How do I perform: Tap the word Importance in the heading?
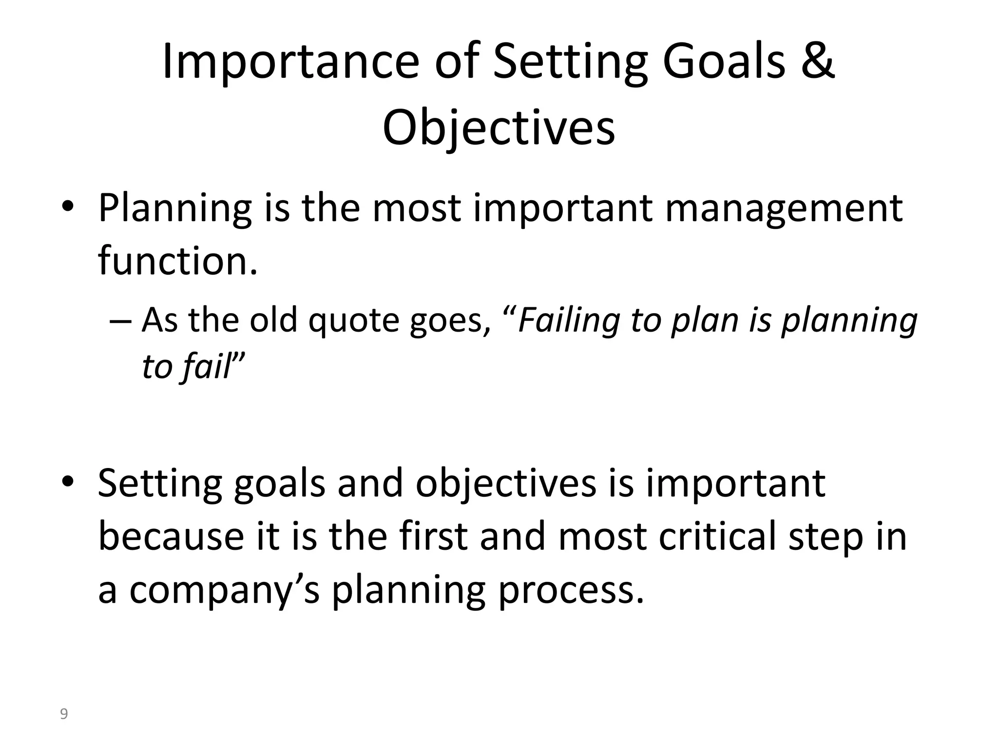(x=289, y=62)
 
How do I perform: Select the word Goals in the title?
(x=724, y=62)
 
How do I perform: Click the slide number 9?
(x=63, y=714)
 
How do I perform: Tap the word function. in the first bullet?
(x=177, y=261)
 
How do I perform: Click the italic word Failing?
(x=569, y=320)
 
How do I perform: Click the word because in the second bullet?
(x=171, y=536)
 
